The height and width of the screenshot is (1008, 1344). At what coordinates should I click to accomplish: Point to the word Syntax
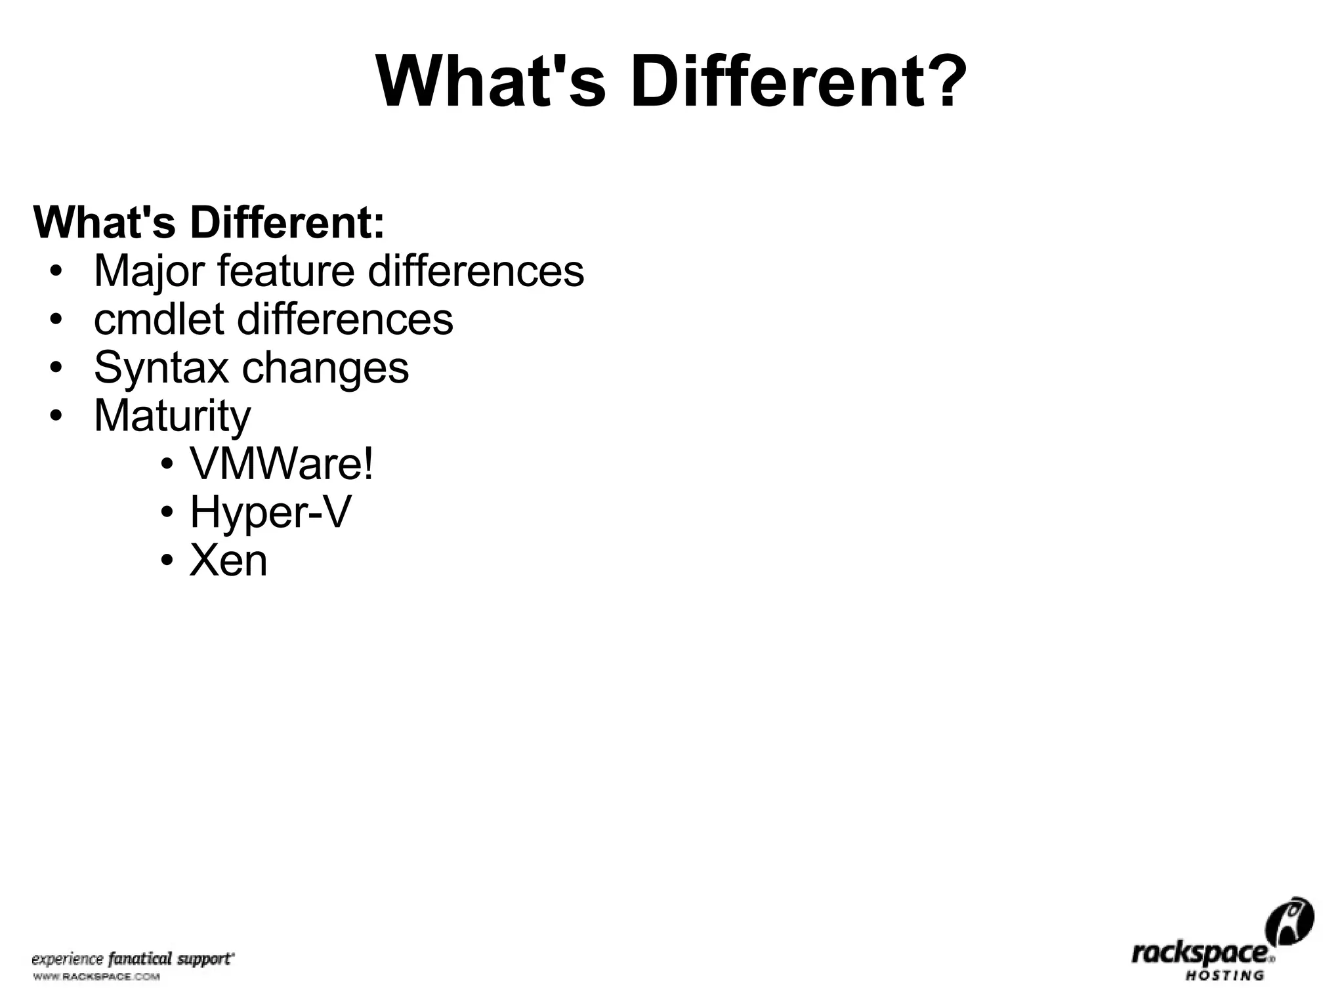point(161,368)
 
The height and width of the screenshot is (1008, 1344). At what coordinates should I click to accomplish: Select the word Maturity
point(173,416)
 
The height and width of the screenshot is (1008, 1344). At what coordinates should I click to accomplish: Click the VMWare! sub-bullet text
point(282,464)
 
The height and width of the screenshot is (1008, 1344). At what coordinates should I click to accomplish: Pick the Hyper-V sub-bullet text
point(270,513)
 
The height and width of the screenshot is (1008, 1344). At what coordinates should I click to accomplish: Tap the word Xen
point(228,561)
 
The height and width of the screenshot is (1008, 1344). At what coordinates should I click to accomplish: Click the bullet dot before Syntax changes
point(56,368)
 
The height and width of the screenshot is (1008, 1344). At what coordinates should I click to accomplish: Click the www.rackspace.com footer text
point(96,977)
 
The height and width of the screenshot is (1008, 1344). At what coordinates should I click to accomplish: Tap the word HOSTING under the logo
point(1225,976)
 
